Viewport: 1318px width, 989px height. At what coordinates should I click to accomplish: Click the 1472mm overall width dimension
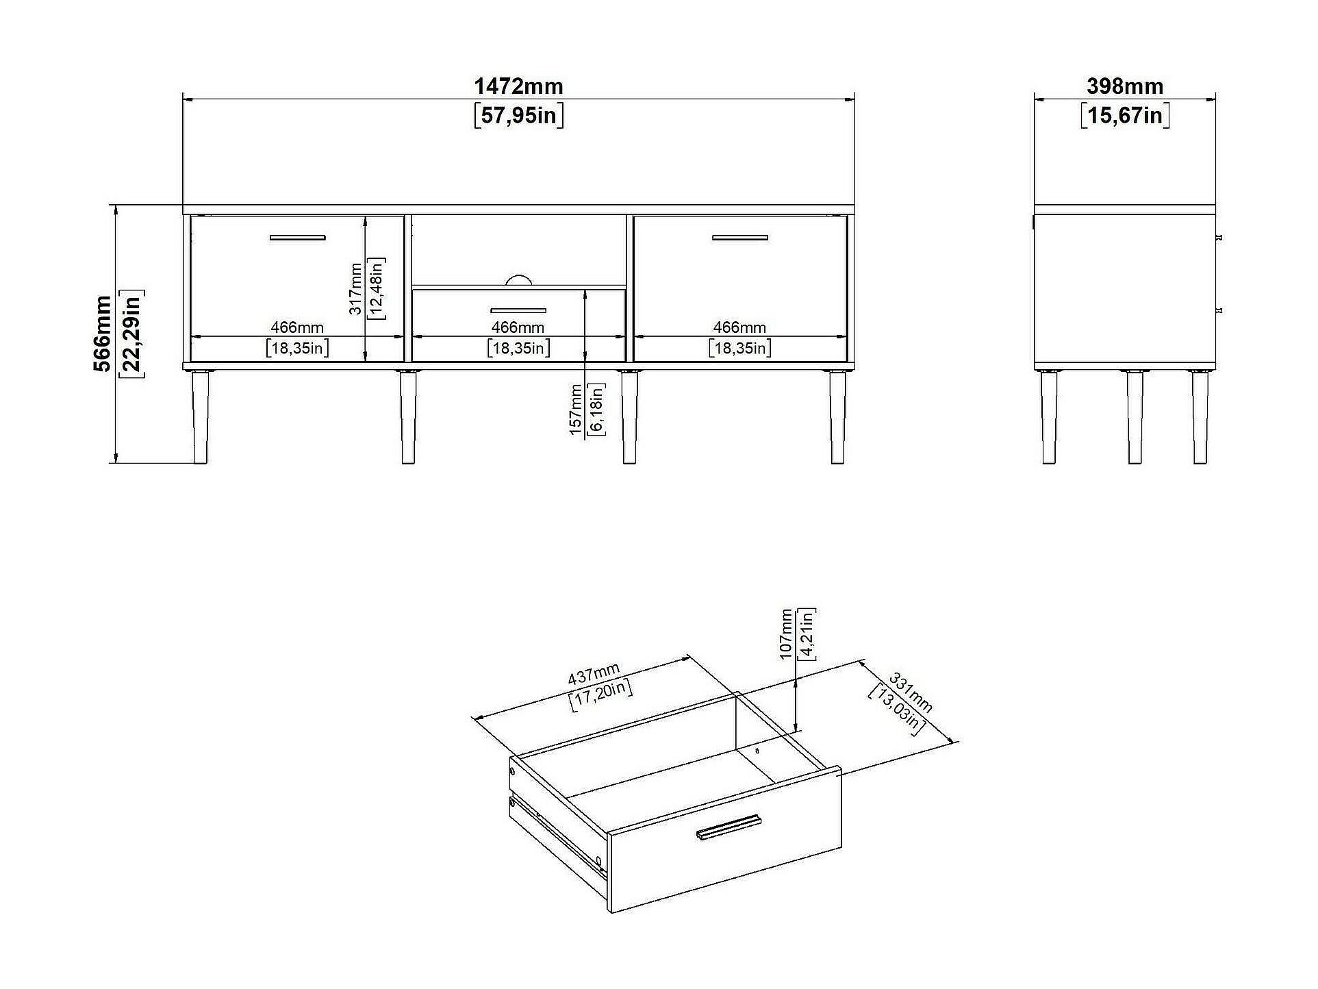point(518,86)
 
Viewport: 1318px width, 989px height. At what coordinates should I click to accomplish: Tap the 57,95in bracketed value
point(518,115)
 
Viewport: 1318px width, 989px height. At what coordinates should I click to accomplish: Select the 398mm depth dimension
point(1125,86)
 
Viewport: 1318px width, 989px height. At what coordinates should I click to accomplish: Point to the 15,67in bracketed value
point(1125,115)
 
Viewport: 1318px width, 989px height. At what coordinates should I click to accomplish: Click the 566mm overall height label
point(103,334)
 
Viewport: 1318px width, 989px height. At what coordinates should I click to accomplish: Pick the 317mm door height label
point(355,288)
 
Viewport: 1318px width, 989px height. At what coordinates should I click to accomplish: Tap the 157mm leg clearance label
point(576,409)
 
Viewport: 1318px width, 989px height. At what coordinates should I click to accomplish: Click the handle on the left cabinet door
point(297,238)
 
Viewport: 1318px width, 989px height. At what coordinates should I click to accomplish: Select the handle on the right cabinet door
point(739,238)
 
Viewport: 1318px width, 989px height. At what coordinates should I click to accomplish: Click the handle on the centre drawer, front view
point(518,310)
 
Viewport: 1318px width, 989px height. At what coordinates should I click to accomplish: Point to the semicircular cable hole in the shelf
point(518,279)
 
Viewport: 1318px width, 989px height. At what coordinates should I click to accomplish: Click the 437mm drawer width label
point(594,675)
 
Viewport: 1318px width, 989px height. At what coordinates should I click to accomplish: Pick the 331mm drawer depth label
point(911,692)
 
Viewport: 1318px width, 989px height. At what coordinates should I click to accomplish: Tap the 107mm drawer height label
point(786,634)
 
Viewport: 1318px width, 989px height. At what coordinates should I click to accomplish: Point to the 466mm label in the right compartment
point(739,327)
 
